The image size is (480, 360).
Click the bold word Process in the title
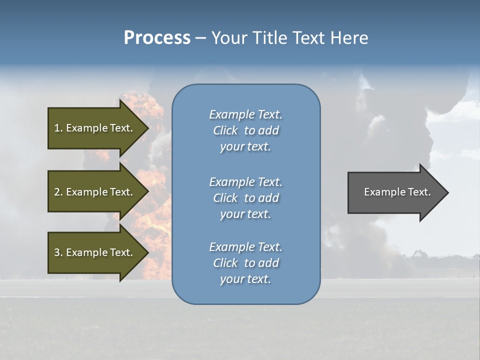(x=157, y=38)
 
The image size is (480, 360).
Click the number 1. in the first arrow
(x=58, y=128)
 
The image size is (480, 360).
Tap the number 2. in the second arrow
(x=58, y=192)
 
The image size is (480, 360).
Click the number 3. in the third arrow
(x=58, y=252)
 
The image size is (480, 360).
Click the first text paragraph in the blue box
(x=245, y=130)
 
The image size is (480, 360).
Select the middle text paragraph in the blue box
(x=245, y=198)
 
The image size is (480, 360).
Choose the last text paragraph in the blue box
(x=245, y=263)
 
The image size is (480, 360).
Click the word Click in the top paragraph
(x=225, y=130)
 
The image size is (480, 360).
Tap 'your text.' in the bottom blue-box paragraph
(x=245, y=279)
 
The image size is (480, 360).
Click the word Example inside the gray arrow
(x=381, y=192)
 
